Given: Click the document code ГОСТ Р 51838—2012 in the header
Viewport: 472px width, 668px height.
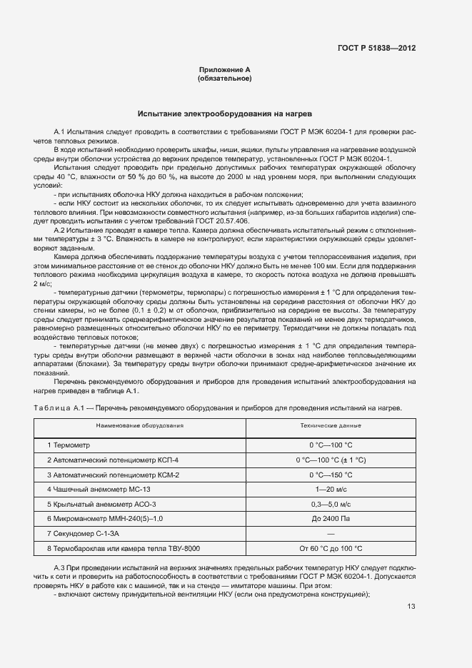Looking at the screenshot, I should coord(376,49).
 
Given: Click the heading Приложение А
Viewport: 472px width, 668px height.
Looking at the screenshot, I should coord(224,69).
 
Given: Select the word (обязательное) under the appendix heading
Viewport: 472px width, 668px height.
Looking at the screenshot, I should coord(224,78).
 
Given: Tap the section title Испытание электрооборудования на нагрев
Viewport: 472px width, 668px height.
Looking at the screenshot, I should coord(224,113).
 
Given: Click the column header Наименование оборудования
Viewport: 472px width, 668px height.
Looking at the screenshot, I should coord(141,425).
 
